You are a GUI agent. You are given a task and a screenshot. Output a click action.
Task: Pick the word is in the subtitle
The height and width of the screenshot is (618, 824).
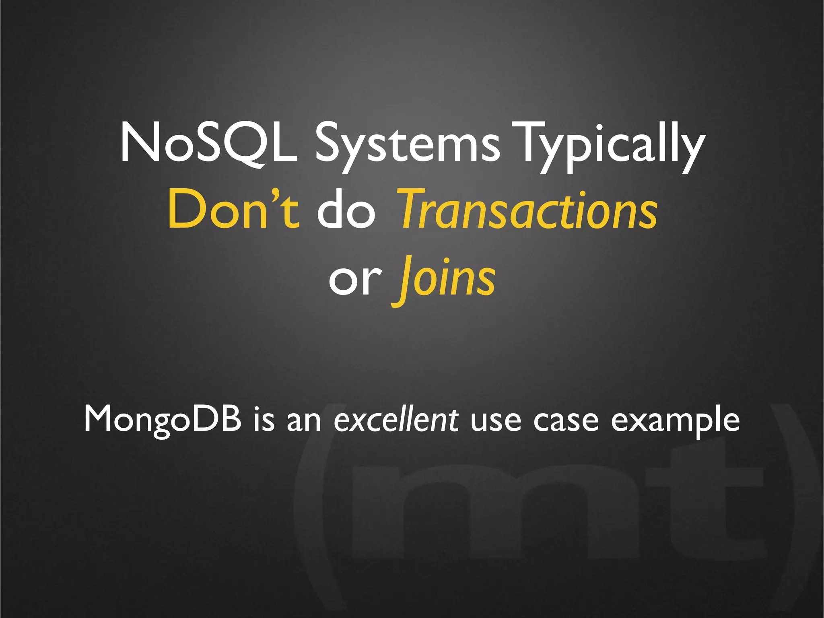264,420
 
